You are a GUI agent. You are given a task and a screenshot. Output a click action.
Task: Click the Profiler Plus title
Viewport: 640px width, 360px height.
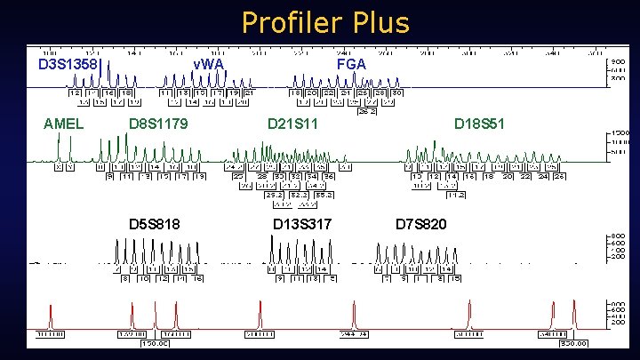pyautogui.click(x=324, y=21)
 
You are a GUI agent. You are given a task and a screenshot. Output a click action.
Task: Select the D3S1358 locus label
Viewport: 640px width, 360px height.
pyautogui.click(x=67, y=64)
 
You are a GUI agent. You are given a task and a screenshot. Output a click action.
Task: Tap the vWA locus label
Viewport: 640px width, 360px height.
pyautogui.click(x=209, y=64)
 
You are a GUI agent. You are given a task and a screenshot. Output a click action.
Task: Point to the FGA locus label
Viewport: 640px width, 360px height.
pyautogui.click(x=350, y=64)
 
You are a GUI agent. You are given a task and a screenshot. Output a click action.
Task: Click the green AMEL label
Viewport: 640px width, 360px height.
pyautogui.click(x=63, y=124)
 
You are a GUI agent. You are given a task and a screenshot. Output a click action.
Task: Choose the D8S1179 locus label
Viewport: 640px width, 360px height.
pyautogui.click(x=158, y=124)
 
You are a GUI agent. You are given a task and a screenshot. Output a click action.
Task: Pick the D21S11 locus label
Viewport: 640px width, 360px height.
pyautogui.click(x=293, y=124)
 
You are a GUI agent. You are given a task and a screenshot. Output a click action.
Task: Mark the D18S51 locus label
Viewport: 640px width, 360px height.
pyautogui.click(x=479, y=124)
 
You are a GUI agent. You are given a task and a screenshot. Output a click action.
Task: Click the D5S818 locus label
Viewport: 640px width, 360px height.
pyautogui.click(x=155, y=222)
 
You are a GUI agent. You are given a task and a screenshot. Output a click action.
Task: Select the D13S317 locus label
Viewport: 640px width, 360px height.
pyautogui.click(x=302, y=222)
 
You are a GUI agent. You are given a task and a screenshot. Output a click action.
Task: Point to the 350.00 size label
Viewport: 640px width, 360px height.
pyautogui.click(x=573, y=342)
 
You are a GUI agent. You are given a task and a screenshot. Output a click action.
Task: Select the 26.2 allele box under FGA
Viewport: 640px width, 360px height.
pyautogui.click(x=365, y=112)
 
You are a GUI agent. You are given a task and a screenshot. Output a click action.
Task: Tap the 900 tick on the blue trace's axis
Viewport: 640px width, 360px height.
pyautogui.click(x=616, y=61)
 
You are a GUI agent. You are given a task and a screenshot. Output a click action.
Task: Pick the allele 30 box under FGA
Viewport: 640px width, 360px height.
pyautogui.click(x=397, y=92)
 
